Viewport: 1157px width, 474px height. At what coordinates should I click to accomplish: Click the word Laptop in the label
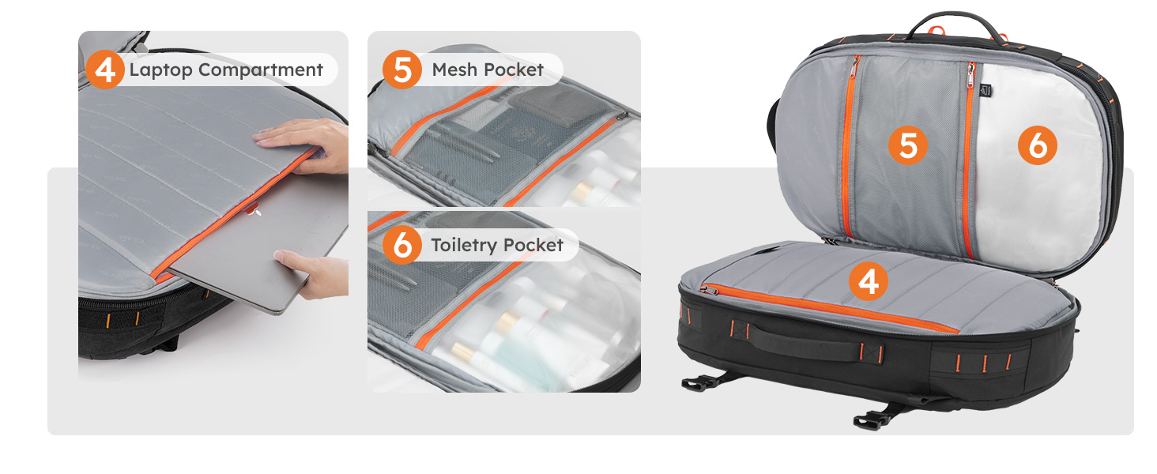click(160, 70)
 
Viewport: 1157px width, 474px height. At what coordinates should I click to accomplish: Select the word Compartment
click(260, 70)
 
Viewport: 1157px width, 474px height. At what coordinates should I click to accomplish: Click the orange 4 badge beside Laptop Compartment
click(105, 70)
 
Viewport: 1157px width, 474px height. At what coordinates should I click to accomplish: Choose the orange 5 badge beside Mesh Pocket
click(402, 70)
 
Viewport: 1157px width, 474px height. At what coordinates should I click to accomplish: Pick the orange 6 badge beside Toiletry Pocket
click(402, 245)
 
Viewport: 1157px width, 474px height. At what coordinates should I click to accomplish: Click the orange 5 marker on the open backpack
click(907, 146)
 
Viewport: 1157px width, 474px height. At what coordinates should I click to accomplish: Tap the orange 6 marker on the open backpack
click(1037, 146)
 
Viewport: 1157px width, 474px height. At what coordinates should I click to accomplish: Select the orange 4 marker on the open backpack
click(868, 282)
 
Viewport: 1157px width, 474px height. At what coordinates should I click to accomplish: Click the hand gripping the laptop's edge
click(316, 273)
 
